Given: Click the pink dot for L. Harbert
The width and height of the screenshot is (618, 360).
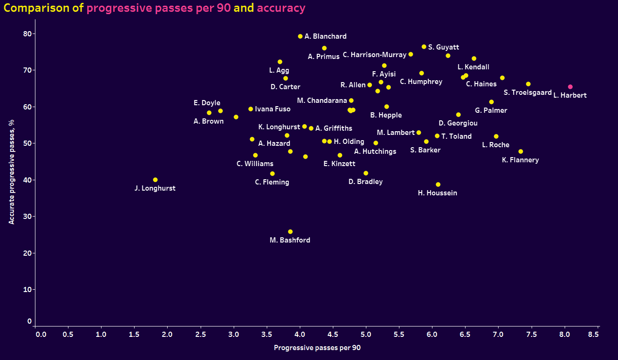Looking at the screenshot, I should [570, 87].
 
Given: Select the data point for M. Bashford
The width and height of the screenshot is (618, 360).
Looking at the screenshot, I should [290, 232].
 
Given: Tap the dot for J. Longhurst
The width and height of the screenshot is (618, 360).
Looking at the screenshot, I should [155, 180].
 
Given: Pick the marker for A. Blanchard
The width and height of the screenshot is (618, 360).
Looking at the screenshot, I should [300, 36].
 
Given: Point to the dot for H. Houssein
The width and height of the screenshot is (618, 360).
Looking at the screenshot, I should [438, 184].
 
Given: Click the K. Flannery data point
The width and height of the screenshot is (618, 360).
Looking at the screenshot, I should [521, 151].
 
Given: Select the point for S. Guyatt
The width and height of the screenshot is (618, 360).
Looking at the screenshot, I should [424, 47].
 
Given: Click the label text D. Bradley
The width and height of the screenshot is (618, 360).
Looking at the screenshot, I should [365, 182].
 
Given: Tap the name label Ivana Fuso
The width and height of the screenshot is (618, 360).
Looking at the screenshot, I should [272, 109].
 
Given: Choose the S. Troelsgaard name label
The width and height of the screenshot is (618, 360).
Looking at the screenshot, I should [527, 92].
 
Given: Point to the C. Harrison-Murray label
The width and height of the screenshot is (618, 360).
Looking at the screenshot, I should [374, 55].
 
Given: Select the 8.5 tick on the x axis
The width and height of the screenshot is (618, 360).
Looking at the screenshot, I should [593, 334].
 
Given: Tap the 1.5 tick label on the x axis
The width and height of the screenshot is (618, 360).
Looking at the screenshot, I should [134, 334].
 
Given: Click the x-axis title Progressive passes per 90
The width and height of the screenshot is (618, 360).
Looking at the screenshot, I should [317, 348].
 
